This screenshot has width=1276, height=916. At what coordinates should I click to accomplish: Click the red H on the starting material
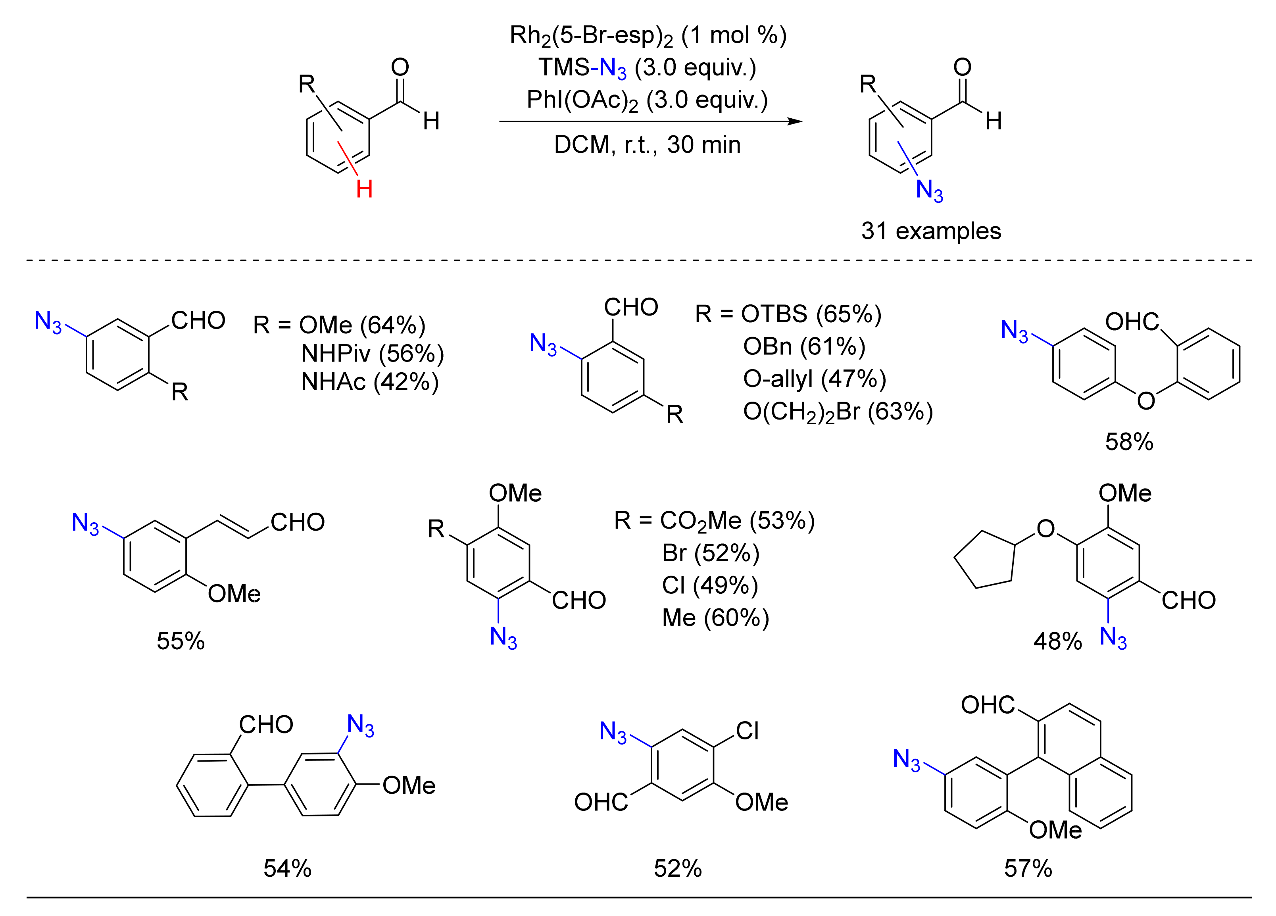tap(364, 189)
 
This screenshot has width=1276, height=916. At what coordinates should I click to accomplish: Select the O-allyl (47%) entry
tap(814, 379)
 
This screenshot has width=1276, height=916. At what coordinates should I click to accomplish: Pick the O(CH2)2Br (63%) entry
tap(838, 412)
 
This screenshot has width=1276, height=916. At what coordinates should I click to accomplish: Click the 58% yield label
tap(1128, 442)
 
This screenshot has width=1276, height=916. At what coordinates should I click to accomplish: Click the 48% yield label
tap(1057, 641)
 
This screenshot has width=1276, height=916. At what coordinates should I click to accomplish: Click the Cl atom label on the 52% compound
tap(747, 731)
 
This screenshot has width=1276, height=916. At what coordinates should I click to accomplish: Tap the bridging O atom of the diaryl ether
tap(1145, 400)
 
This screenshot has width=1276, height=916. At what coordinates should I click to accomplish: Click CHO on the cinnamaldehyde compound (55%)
tap(298, 523)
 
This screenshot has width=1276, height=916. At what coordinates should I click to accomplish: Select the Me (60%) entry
tap(715, 618)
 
